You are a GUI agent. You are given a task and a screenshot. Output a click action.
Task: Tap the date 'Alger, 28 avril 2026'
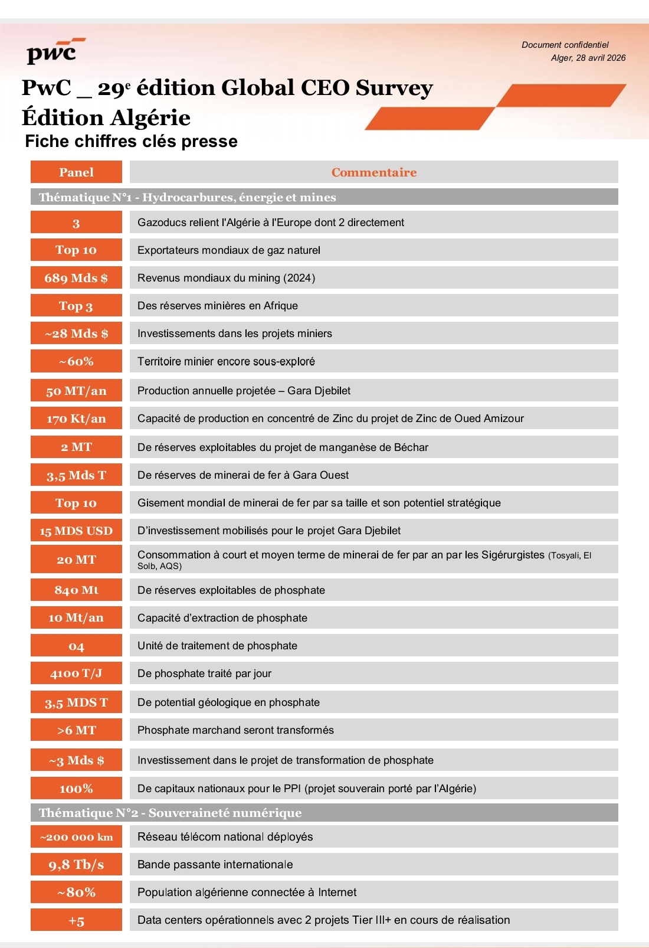pyautogui.click(x=588, y=58)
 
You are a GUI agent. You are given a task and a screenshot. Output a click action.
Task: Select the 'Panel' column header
pyautogui.click(x=76, y=172)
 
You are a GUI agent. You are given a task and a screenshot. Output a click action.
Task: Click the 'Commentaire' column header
pyautogui.click(x=373, y=172)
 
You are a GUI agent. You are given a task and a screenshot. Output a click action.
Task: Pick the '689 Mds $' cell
pyautogui.click(x=76, y=278)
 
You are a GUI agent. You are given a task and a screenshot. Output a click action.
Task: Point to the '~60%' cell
pyautogui.click(x=76, y=361)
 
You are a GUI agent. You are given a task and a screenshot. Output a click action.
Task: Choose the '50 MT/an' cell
pyautogui.click(x=76, y=391)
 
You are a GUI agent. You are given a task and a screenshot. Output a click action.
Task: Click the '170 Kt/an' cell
pyautogui.click(x=76, y=419)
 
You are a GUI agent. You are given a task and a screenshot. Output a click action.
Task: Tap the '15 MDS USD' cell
pyautogui.click(x=76, y=531)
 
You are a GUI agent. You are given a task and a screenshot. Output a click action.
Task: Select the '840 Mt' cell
pyautogui.click(x=76, y=590)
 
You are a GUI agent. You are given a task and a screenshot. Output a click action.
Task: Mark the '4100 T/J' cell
pyautogui.click(x=76, y=673)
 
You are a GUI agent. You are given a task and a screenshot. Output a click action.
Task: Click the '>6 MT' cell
pyautogui.click(x=76, y=730)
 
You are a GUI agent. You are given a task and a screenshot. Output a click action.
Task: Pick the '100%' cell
pyautogui.click(x=76, y=789)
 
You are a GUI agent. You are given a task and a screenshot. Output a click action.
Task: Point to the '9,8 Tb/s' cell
pyautogui.click(x=76, y=865)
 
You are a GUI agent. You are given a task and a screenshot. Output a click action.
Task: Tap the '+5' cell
pyautogui.click(x=76, y=920)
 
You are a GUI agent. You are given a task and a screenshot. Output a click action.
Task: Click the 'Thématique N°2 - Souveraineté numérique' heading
pyautogui.click(x=170, y=813)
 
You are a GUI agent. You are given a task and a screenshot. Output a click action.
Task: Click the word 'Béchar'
pyautogui.click(x=411, y=447)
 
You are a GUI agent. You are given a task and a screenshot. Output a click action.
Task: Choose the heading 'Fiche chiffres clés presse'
pyautogui.click(x=131, y=142)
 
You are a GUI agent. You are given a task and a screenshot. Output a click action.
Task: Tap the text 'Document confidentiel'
pyautogui.click(x=565, y=45)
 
